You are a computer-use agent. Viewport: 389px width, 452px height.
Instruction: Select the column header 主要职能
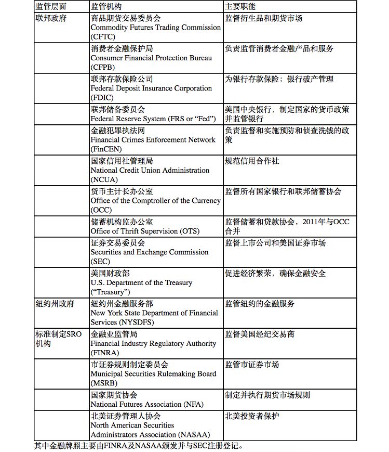tap(240, 7)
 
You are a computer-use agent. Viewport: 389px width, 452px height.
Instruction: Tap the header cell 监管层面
tap(52, 7)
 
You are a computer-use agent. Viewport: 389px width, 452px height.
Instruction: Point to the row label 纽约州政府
tap(54, 303)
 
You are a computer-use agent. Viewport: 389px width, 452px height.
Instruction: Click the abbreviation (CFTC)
tap(103, 37)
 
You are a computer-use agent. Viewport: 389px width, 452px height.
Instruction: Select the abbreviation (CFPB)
tap(103, 67)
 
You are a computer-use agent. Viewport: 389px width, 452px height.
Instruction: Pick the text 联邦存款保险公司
tap(122, 79)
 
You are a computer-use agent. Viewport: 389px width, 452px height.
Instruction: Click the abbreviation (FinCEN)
tap(106, 149)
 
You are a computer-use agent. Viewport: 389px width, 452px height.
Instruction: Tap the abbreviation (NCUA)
tap(104, 179)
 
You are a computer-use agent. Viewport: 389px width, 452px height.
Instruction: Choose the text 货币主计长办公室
tap(122, 191)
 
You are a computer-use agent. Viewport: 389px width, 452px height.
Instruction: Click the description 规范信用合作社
tap(252, 161)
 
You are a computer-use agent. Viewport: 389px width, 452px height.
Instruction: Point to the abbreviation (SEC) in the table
tap(100, 262)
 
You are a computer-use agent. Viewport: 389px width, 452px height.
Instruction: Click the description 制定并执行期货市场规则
tap(267, 395)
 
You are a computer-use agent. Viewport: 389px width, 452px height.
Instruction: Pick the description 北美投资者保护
tap(252, 416)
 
